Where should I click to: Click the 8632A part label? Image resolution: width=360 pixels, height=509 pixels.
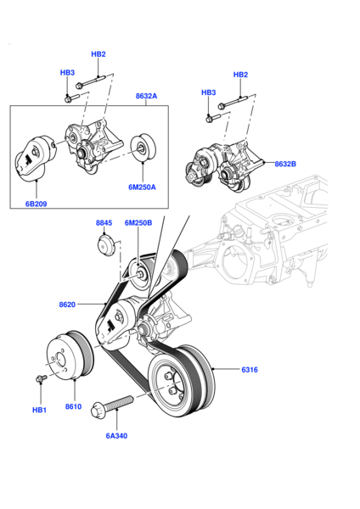pyautogui.click(x=145, y=96)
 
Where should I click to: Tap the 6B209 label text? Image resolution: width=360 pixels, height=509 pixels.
pyautogui.click(x=37, y=204)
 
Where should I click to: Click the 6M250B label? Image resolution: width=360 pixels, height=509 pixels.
pyautogui.click(x=138, y=223)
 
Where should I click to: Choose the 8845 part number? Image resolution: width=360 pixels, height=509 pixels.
pyautogui.click(x=104, y=223)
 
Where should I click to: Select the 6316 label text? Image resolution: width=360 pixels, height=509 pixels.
pyautogui.click(x=249, y=369)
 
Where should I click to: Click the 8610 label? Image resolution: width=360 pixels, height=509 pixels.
pyautogui.click(x=74, y=407)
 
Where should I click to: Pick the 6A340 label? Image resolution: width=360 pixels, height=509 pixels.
pyautogui.click(x=116, y=436)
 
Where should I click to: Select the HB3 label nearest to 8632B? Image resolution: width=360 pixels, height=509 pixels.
pyautogui.click(x=208, y=92)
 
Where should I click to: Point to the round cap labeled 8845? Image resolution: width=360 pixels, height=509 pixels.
pyautogui.click(x=105, y=249)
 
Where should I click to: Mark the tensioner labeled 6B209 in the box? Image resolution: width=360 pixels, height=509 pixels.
pyautogui.click(x=36, y=159)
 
